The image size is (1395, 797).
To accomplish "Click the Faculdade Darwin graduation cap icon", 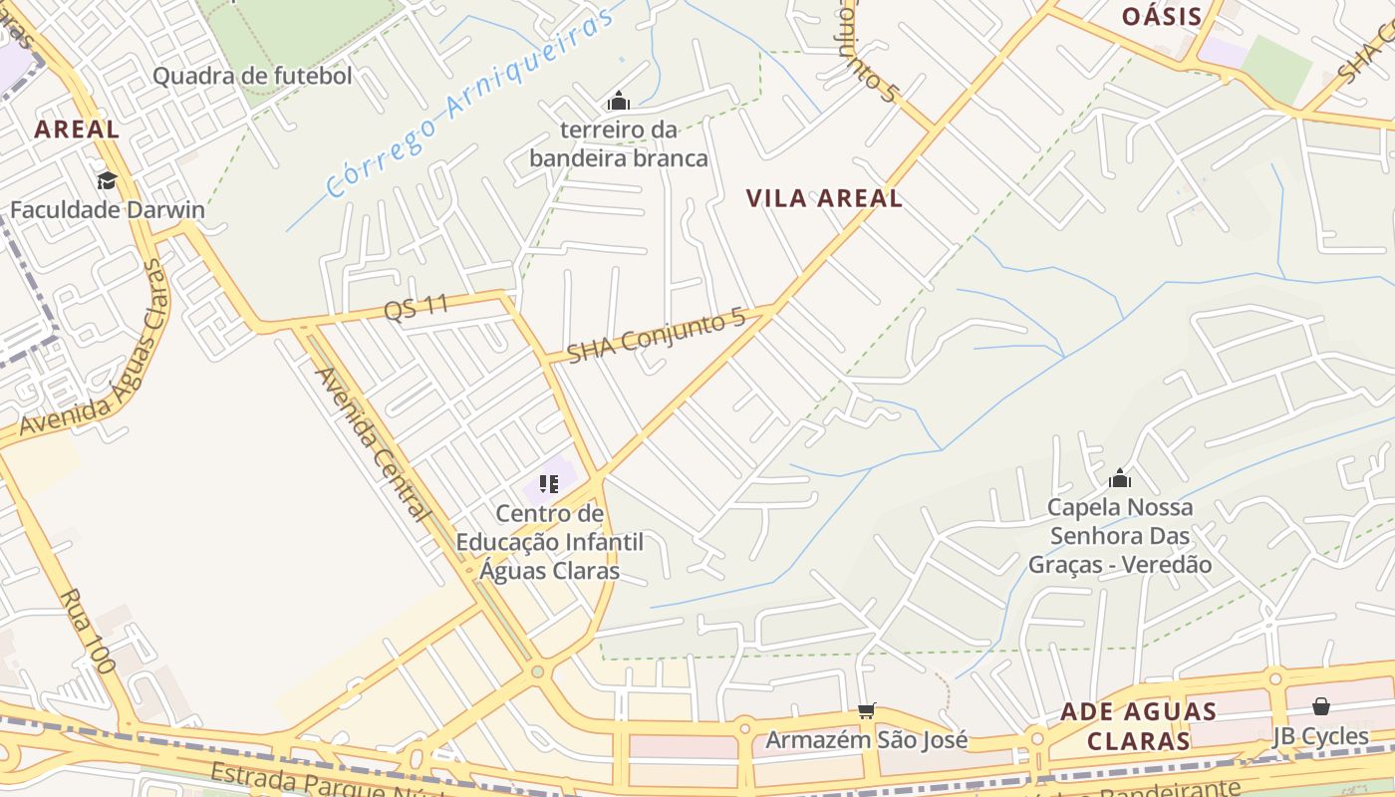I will (107, 180).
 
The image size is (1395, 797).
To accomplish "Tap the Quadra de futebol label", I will (252, 76).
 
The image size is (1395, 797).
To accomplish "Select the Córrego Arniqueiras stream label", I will (467, 106).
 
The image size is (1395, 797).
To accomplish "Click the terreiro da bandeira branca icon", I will (618, 101).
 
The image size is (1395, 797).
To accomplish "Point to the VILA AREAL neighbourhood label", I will (824, 198).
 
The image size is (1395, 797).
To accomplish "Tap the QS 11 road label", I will (417, 308).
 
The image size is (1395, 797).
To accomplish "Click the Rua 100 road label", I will (88, 631).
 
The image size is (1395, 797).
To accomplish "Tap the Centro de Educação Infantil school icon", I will (549, 484).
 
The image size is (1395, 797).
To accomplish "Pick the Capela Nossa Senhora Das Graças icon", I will (1119, 478).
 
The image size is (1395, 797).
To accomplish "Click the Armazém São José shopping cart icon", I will (866, 710).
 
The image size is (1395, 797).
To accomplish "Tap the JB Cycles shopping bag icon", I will (1320, 706).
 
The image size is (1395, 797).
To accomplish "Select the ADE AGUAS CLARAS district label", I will (1138, 726).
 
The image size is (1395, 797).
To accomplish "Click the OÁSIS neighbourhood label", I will (1161, 16).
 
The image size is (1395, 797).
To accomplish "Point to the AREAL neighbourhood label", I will (77, 129).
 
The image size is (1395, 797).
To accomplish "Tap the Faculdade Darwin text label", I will (107, 210).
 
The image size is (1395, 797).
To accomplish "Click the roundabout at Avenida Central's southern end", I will (538, 671).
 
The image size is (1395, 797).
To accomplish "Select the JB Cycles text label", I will (1320, 736).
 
